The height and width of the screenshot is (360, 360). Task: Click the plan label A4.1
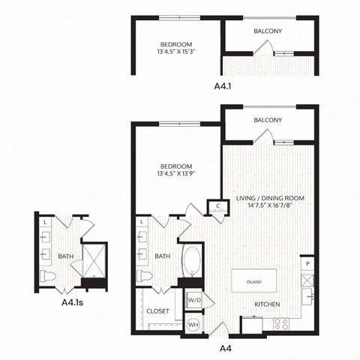point(223,86)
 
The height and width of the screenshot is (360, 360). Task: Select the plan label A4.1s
point(72,304)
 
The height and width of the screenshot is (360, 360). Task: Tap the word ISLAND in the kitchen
point(255,282)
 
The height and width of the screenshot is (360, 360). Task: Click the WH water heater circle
point(193,324)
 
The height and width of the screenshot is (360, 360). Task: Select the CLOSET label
point(157,310)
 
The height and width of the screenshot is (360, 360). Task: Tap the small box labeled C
point(217,205)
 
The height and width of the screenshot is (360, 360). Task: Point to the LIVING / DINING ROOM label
point(267,198)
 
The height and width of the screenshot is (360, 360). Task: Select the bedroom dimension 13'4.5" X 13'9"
point(176,175)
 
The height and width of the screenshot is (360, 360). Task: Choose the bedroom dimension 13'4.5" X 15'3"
point(176,52)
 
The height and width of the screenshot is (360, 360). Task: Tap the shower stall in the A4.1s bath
point(94,259)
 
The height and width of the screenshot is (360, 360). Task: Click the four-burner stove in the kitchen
point(283,324)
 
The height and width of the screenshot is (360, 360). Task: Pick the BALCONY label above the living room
point(267,120)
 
